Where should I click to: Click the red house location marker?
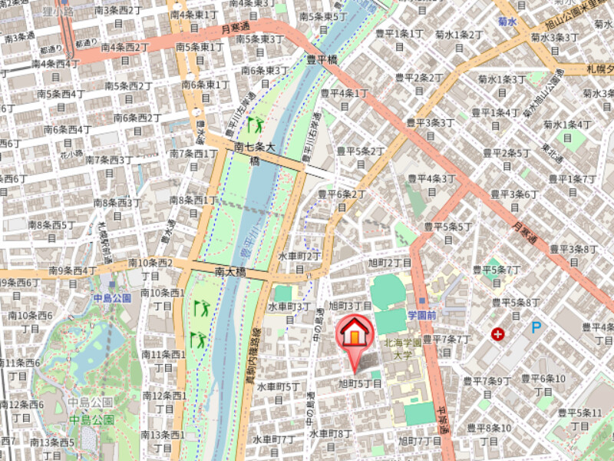354,335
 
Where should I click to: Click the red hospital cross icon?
499,333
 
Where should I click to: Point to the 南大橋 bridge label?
230,271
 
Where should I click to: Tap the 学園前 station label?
421,315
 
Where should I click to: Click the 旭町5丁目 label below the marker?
360,383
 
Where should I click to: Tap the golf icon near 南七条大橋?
255,123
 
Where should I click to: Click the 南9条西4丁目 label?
72,270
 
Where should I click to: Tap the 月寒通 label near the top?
237,28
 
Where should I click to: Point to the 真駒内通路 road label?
251,357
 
